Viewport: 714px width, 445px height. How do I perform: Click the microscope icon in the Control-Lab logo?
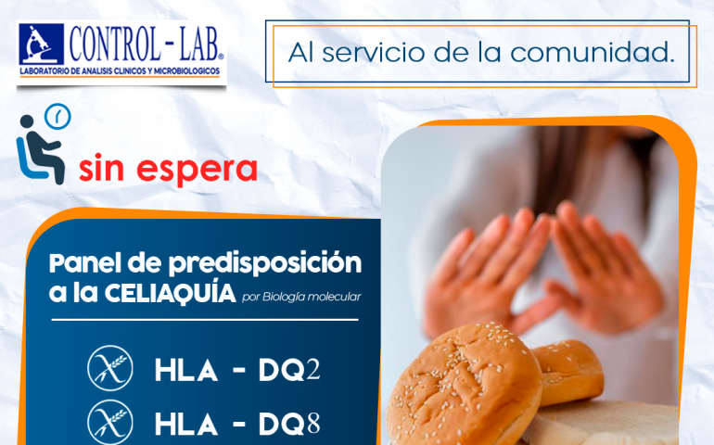click(x=41, y=44)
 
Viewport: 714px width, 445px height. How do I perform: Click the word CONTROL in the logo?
click(x=115, y=44)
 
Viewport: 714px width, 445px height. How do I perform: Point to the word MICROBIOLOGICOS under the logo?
click(x=186, y=71)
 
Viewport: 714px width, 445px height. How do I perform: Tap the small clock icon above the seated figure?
click(x=57, y=117)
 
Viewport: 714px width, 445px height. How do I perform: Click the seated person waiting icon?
click(x=40, y=150)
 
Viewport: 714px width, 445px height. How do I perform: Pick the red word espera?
click(x=197, y=170)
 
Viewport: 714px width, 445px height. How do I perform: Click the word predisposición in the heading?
click(x=265, y=264)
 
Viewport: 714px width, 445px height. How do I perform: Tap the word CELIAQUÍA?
click(x=171, y=293)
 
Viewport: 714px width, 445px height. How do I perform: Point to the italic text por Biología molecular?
click(x=301, y=297)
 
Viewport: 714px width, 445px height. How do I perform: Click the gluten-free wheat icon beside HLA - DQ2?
click(x=110, y=368)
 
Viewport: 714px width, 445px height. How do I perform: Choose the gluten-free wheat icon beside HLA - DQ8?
click(x=110, y=422)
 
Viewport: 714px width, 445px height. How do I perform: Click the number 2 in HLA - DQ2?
click(x=312, y=370)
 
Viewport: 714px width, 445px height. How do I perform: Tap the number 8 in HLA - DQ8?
click(x=313, y=424)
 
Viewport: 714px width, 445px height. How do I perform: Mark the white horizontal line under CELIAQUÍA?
click(x=205, y=320)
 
